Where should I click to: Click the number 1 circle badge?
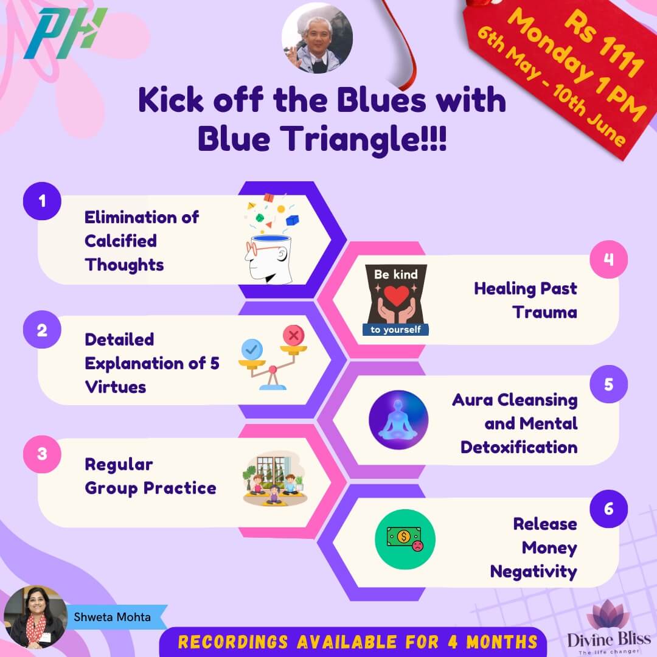click(41, 201)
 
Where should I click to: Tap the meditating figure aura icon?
click(398, 420)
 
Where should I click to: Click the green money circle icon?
click(405, 539)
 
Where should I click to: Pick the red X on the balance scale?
click(294, 335)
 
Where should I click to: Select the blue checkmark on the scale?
click(251, 349)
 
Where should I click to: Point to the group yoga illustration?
click(274, 484)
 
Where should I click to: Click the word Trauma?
click(544, 313)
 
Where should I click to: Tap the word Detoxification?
click(519, 447)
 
